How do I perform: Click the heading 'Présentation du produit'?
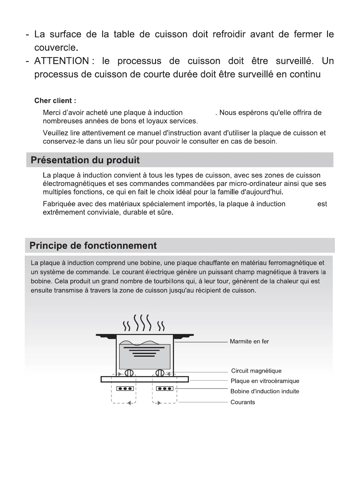tap(85, 160)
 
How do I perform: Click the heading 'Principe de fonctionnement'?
tap(93, 245)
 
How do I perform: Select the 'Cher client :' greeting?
tap(55, 101)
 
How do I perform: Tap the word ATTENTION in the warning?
tap(62, 61)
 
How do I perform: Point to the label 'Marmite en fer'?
tap(249, 342)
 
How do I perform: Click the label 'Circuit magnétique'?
tap(256, 371)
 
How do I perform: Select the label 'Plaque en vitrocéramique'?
tap(265, 381)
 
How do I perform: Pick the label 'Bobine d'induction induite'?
tap(265, 391)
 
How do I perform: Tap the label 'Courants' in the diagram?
tap(242, 402)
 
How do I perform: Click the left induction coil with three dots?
tap(125, 388)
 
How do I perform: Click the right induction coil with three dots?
tap(164, 388)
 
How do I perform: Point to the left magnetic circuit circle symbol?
tap(129, 373)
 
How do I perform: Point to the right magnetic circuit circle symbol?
tap(160, 373)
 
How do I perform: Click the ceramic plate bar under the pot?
tap(144, 379)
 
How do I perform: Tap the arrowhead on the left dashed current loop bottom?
tap(128, 403)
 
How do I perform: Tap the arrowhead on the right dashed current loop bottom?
tap(159, 403)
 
